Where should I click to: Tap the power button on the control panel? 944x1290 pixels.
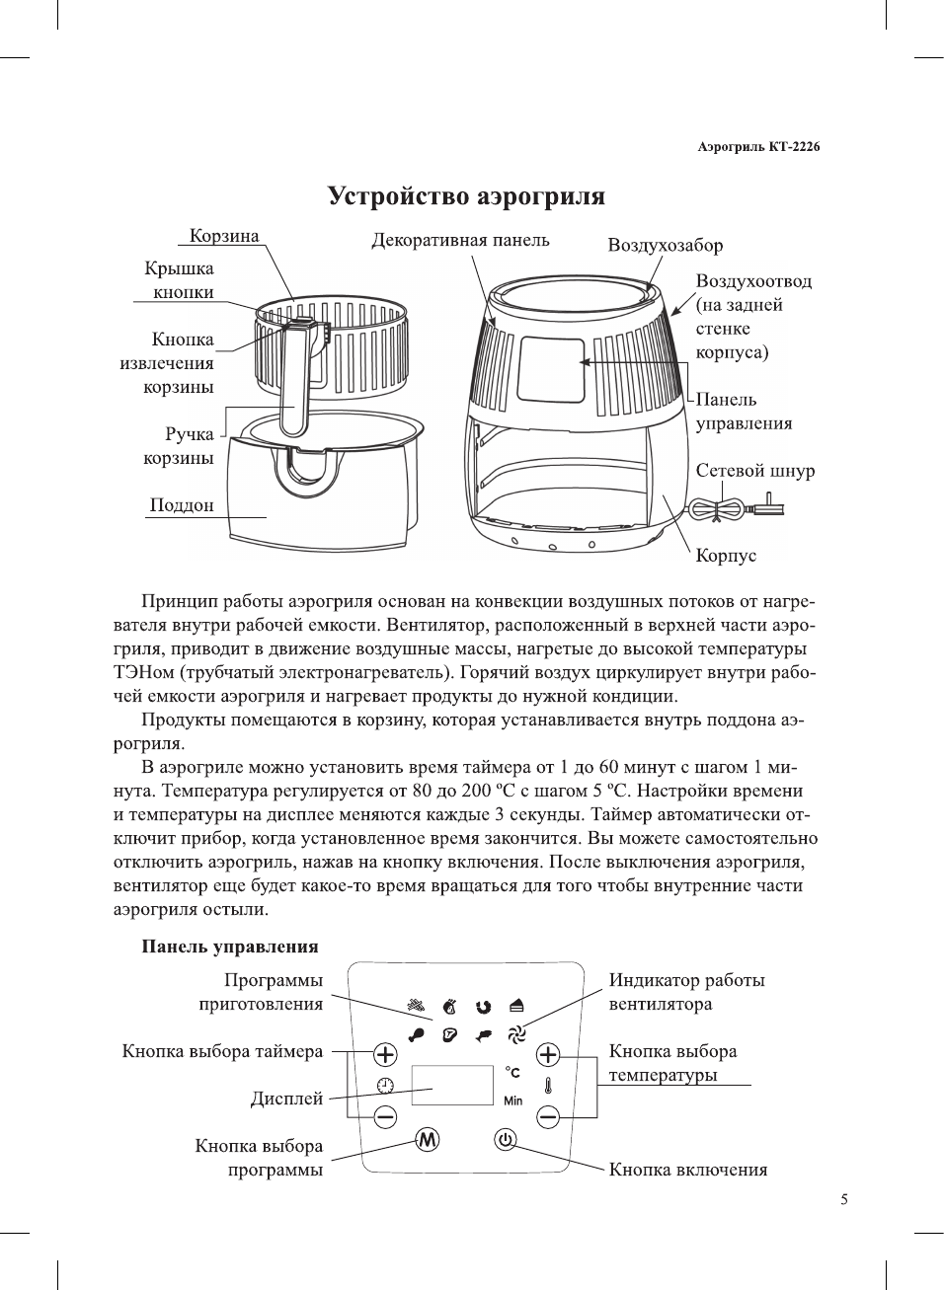coord(506,1140)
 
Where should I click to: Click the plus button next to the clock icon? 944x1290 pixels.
coord(385,1054)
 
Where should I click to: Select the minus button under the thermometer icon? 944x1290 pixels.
coord(548,1117)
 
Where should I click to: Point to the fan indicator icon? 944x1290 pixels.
coord(516,1034)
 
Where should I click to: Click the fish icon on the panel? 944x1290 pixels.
coord(483,1034)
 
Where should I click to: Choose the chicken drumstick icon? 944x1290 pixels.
coord(418,1034)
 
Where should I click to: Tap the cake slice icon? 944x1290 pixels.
coord(516,1006)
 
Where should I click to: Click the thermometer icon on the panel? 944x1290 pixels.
coord(548,1086)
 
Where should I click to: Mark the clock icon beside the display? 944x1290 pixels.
coord(385,1086)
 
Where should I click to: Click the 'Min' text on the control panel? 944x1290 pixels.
coord(513,1100)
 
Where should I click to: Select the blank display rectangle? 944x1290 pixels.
coord(452,1085)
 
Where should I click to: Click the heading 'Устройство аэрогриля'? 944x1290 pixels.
coord(466,196)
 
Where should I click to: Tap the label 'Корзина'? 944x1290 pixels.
coord(224,236)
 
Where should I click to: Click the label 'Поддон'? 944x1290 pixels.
coord(182,505)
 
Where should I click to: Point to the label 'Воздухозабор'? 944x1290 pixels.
coord(665,246)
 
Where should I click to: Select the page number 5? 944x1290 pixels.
coord(843,1200)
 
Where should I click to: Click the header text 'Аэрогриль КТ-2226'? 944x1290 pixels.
coord(758,147)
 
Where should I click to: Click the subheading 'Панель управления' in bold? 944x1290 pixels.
coord(229,947)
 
